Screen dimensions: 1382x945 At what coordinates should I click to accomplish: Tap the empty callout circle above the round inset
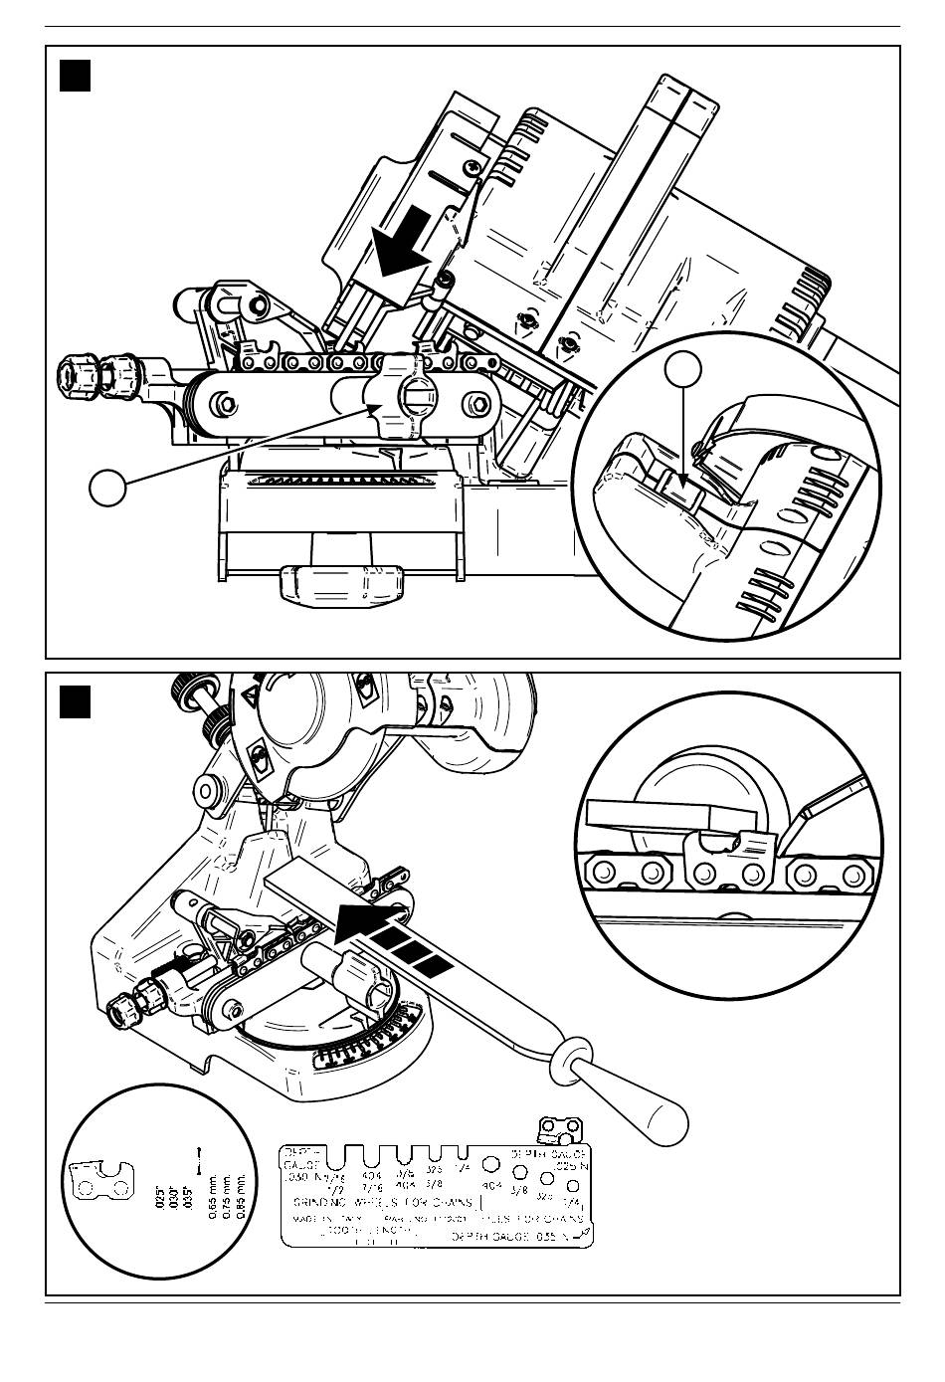pos(683,369)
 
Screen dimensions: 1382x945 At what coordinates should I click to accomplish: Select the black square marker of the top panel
pos(76,76)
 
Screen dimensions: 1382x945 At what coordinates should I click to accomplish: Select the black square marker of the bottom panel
pos(76,700)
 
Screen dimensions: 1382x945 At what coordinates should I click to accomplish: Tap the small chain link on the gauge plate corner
pos(557,1130)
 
